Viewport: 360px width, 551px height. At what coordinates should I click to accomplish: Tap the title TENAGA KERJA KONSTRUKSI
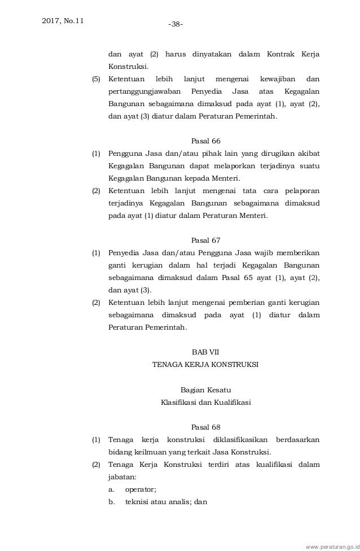pos(205,365)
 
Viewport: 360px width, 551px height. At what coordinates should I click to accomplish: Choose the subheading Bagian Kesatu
pos(205,390)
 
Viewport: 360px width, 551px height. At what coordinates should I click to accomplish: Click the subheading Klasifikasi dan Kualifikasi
pos(205,402)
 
